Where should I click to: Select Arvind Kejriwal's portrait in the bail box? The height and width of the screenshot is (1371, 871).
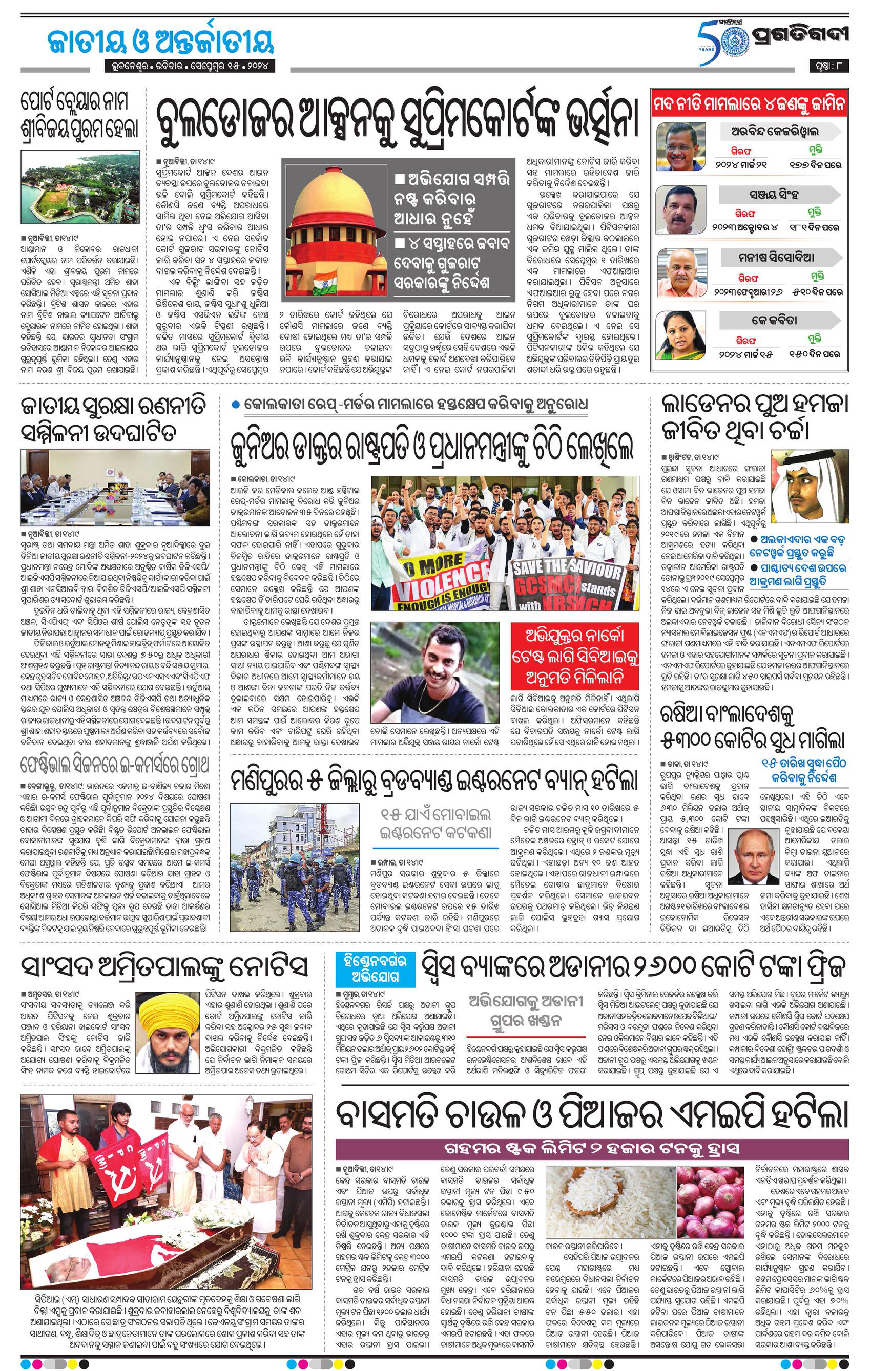pos(681,147)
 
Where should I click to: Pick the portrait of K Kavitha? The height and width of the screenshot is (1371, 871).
pos(681,334)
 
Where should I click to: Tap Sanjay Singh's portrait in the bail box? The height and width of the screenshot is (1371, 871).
pos(681,209)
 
